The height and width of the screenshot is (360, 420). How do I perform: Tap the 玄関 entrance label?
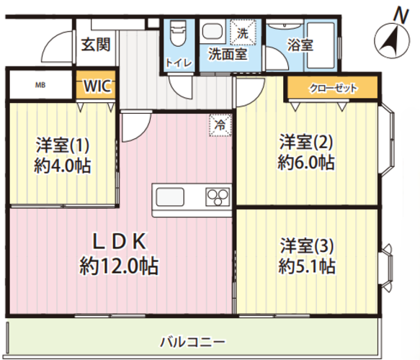point(95,45)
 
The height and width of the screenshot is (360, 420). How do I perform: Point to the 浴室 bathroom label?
point(301,44)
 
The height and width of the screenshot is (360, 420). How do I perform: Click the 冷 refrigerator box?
point(221,125)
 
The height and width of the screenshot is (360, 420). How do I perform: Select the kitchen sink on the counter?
point(171,197)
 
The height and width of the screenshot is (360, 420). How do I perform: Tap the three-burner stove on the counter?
point(217,197)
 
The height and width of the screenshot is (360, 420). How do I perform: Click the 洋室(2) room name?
point(306,140)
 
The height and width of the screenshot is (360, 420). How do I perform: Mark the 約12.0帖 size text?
point(118,266)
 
